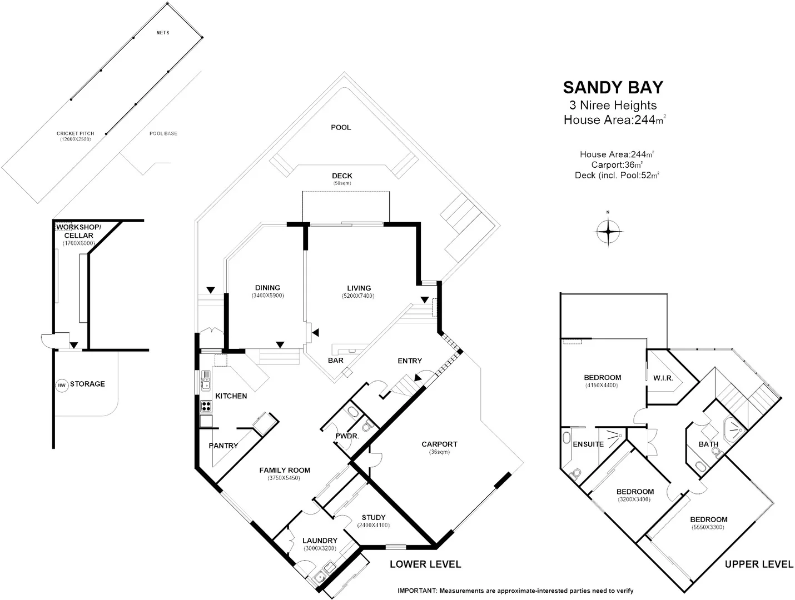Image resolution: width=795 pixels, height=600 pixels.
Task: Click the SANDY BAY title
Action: point(613,88)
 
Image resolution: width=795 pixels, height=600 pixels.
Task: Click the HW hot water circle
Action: point(61,385)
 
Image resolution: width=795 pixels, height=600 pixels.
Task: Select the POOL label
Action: point(341,127)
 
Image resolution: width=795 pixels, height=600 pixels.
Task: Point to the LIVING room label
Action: point(359,288)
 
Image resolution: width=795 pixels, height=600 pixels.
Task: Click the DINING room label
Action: point(267,287)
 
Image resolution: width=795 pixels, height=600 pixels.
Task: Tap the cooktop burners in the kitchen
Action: point(206,406)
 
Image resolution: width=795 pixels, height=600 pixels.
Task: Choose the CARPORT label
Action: point(439,444)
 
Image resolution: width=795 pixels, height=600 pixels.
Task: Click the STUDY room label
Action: point(373,517)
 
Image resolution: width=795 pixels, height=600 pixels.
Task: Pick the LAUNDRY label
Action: point(320,541)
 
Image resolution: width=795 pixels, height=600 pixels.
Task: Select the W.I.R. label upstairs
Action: point(663,378)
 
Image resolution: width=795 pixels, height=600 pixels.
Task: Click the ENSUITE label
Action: point(588,444)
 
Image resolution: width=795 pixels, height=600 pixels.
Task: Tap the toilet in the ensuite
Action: point(577,473)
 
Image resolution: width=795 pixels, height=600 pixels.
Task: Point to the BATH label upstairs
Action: point(708,444)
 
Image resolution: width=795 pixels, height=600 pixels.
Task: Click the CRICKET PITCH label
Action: point(75,133)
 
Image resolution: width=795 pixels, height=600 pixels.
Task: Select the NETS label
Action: point(162,33)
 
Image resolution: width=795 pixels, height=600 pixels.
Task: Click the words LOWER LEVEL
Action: point(425,564)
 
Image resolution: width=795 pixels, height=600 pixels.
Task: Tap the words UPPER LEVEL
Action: point(759,564)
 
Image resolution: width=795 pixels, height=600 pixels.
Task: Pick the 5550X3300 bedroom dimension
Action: point(708,527)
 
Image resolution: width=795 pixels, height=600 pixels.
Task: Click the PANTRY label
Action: point(223,446)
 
